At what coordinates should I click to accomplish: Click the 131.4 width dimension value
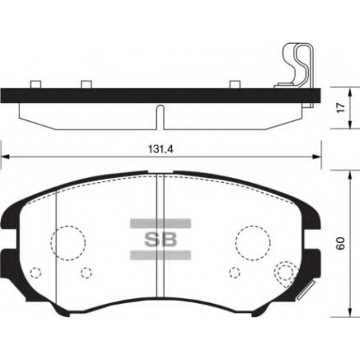(161, 149)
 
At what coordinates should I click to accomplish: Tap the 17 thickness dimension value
(341, 107)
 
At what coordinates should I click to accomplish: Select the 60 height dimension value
(341, 243)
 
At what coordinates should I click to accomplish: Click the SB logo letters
(161, 239)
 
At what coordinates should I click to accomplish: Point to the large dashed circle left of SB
(68, 226)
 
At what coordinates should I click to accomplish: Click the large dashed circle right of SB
(253, 226)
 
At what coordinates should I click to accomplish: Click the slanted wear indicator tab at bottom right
(306, 289)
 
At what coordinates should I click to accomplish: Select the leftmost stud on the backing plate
(36, 85)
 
